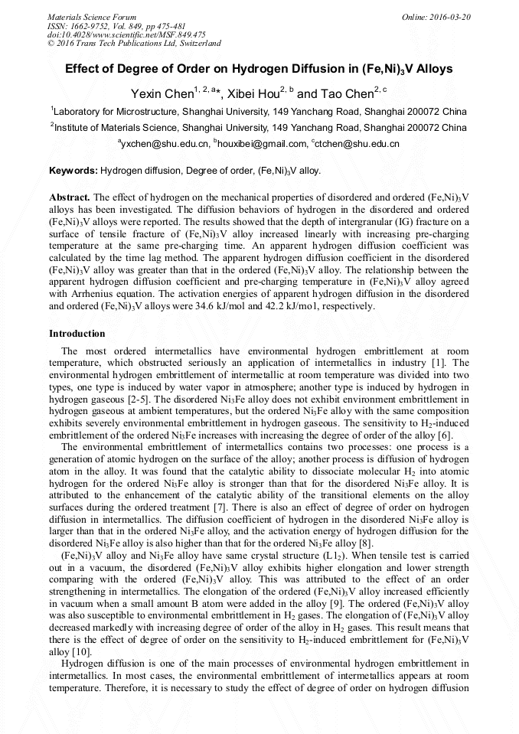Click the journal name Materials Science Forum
click(x=92, y=16)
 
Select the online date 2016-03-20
click(x=445, y=16)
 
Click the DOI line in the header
click(x=126, y=34)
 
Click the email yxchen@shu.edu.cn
click(x=165, y=144)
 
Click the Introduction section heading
click(x=77, y=334)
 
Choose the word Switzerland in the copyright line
click(x=198, y=44)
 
